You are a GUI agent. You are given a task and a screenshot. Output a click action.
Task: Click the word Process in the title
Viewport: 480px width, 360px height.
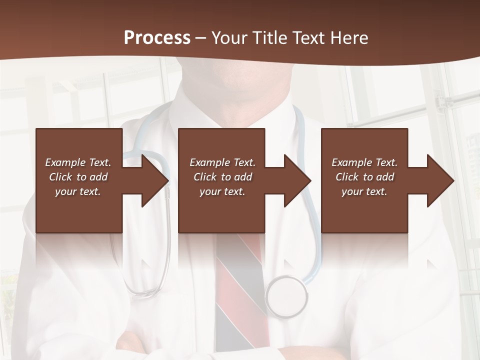(x=157, y=38)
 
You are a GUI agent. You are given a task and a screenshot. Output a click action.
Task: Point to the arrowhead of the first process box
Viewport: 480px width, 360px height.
(x=155, y=180)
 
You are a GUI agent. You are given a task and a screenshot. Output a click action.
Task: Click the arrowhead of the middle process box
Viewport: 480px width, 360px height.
(x=298, y=180)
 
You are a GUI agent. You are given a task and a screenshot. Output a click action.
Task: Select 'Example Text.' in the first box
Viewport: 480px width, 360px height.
(x=78, y=162)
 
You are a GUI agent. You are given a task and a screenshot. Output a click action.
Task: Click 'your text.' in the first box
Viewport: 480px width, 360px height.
(x=78, y=191)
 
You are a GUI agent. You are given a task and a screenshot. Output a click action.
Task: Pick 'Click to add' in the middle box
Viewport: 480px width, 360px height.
(x=222, y=177)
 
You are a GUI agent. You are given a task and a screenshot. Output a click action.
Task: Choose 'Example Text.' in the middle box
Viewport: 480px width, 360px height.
(x=222, y=162)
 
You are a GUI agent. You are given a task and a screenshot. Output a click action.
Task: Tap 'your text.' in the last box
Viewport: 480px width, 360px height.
(x=364, y=191)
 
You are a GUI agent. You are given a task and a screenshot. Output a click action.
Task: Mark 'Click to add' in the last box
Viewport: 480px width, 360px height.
(x=364, y=177)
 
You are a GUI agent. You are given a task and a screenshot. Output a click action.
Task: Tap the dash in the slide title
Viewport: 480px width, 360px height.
(x=200, y=38)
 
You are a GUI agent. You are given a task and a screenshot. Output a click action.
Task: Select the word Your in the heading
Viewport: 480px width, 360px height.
(x=228, y=38)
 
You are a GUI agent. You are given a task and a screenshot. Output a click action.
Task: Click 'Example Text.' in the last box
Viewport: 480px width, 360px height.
(x=364, y=162)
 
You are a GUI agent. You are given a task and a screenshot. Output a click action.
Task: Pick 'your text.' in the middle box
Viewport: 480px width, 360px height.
(x=222, y=191)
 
